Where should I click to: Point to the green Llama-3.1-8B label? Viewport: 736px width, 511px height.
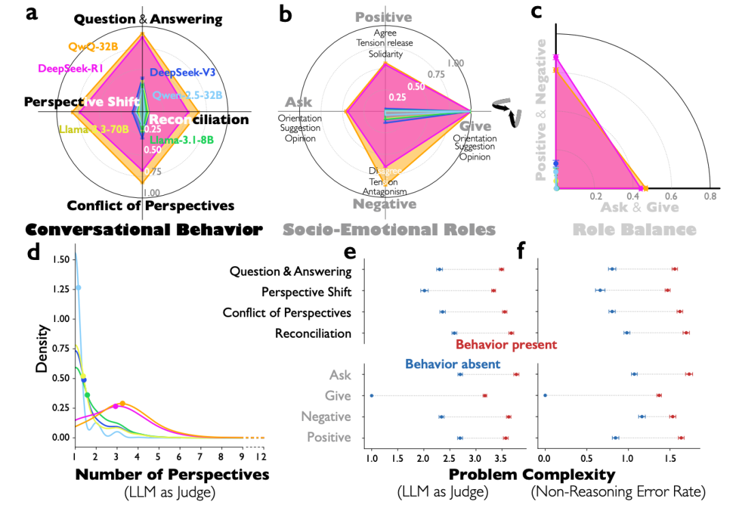[x=182, y=141]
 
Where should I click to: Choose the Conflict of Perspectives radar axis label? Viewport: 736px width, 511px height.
[x=151, y=205]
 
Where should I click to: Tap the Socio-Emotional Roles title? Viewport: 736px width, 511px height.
[x=388, y=229]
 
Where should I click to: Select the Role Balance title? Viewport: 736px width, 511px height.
[x=634, y=229]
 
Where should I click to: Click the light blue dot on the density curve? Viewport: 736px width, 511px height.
[x=78, y=287]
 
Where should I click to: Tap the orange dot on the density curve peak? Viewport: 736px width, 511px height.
[x=123, y=403]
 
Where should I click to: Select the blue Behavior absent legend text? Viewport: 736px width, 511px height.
[x=453, y=364]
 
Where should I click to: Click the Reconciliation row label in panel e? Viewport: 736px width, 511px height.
[x=313, y=334]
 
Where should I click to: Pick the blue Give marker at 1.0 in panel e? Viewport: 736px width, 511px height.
[x=371, y=395]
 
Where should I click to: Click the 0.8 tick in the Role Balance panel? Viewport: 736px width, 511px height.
[x=709, y=196]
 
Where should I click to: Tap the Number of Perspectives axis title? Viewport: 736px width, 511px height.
[x=172, y=473]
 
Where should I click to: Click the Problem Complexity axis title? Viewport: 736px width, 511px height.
[x=532, y=473]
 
